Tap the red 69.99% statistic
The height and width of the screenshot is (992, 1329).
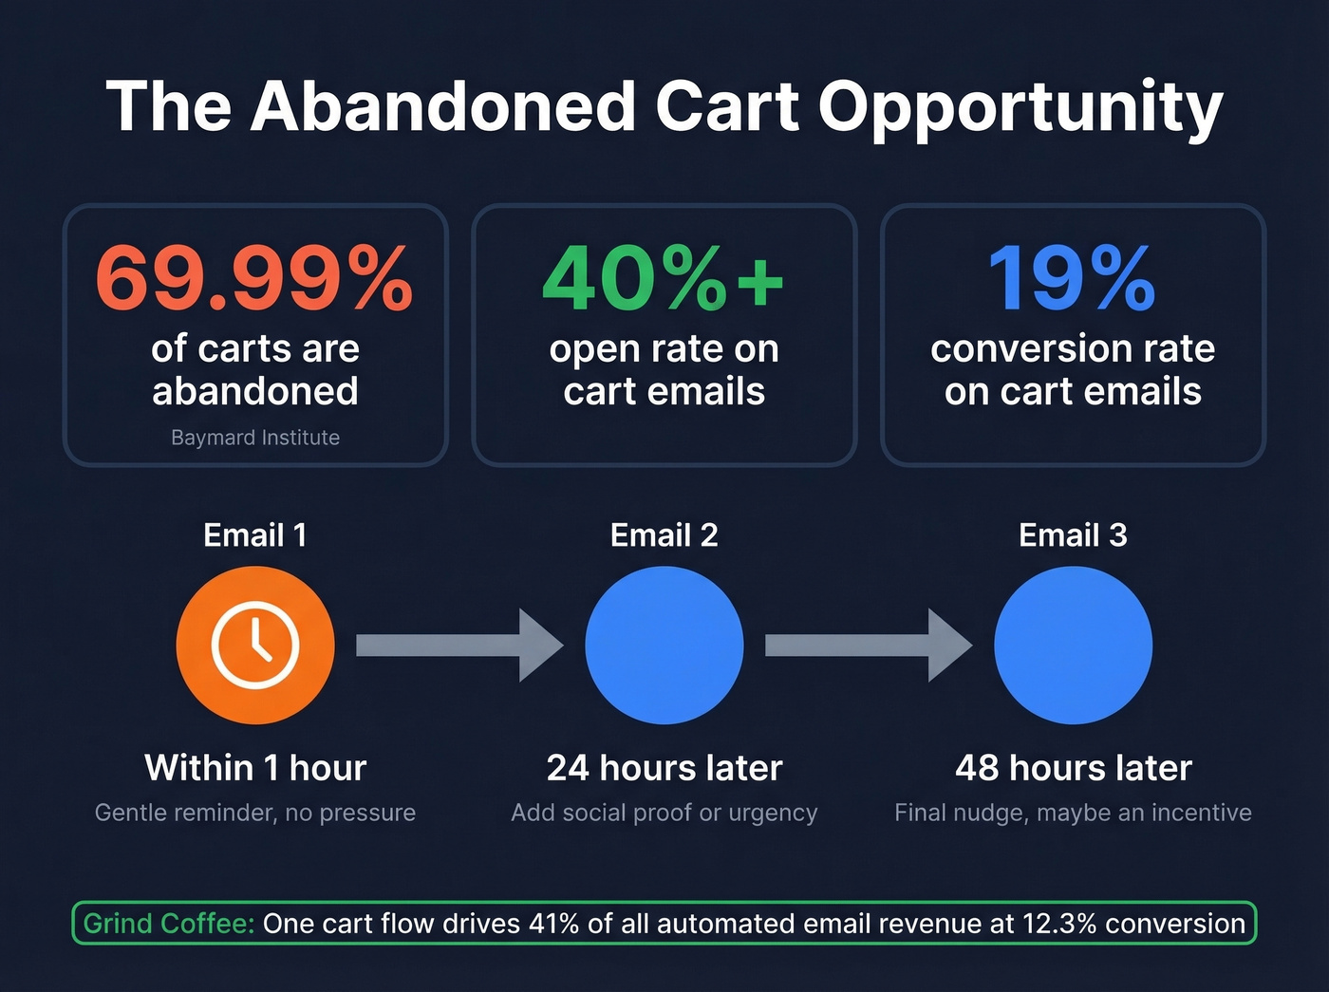254,279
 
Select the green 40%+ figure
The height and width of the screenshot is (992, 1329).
664,279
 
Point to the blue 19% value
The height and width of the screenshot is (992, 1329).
1072,279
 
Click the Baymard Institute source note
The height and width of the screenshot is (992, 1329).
255,438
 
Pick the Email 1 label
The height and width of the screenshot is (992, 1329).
255,535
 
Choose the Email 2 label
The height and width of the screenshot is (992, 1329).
664,535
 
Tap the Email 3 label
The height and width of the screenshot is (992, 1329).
1073,535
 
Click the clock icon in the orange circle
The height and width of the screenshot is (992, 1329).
255,646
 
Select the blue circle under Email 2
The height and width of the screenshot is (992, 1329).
664,646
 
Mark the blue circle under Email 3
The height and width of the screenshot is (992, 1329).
1073,646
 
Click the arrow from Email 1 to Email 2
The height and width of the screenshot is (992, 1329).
459,646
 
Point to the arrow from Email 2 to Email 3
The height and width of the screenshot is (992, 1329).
868,646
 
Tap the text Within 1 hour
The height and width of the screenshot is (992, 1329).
255,768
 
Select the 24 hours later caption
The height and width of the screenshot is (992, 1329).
664,768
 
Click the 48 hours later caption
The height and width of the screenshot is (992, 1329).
1073,768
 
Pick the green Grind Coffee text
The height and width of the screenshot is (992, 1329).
168,924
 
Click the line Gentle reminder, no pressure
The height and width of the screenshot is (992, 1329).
255,813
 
